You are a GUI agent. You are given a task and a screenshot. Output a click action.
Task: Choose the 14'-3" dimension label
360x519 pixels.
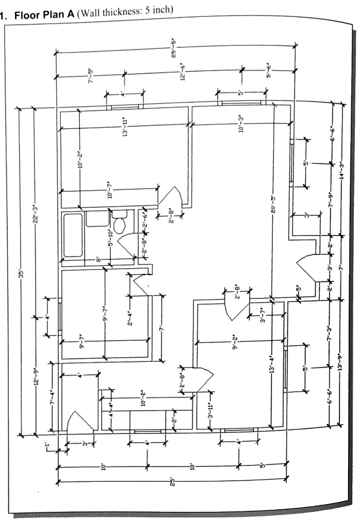(341, 171)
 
